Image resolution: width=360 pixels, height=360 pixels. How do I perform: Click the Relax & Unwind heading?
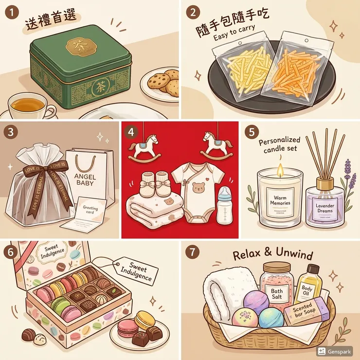click(273, 255)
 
